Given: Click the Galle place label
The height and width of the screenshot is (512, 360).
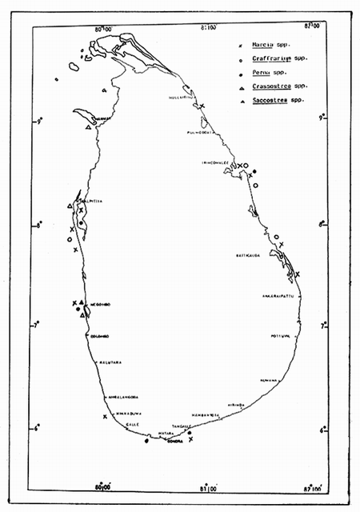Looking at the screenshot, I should tap(133, 425).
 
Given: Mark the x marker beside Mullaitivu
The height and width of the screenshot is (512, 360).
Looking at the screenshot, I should tap(202, 106).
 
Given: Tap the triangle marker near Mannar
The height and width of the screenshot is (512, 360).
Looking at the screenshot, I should tap(88, 126).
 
